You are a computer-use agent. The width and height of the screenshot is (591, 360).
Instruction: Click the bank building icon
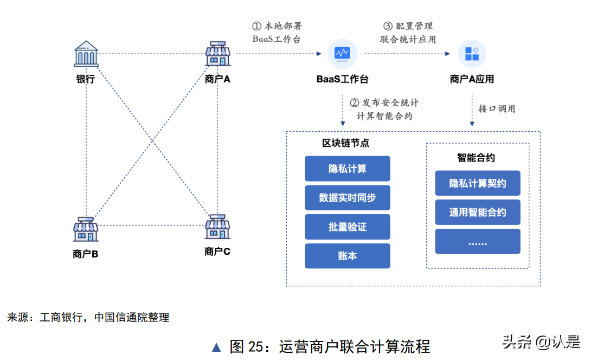(x=87, y=54)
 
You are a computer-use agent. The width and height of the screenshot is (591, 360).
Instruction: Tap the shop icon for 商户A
(x=217, y=54)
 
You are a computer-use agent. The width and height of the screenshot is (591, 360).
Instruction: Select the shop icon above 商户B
(x=86, y=229)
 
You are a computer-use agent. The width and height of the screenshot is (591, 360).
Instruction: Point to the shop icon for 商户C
(x=217, y=227)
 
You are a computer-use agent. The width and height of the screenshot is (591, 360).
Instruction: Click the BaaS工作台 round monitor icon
(x=343, y=53)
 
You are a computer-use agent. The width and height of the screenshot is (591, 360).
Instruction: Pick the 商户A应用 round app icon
(x=472, y=53)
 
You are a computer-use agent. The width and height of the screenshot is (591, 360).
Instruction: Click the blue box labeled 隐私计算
(x=347, y=169)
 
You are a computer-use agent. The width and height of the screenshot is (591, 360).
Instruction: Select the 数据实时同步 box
(x=347, y=198)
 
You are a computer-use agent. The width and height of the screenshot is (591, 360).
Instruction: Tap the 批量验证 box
(x=347, y=227)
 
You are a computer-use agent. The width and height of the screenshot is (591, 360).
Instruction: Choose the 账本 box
(x=347, y=256)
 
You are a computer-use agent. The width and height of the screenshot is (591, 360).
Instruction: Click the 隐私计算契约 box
(x=477, y=183)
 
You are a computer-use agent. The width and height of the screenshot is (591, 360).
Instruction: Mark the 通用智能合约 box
(x=477, y=212)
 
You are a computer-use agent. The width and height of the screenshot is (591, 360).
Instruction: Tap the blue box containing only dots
(x=477, y=241)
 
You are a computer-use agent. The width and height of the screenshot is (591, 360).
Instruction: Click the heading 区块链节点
(x=346, y=143)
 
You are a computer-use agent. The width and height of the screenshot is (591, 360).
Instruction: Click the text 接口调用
(x=497, y=108)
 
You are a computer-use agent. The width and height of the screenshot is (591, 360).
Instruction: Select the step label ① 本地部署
(x=277, y=26)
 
